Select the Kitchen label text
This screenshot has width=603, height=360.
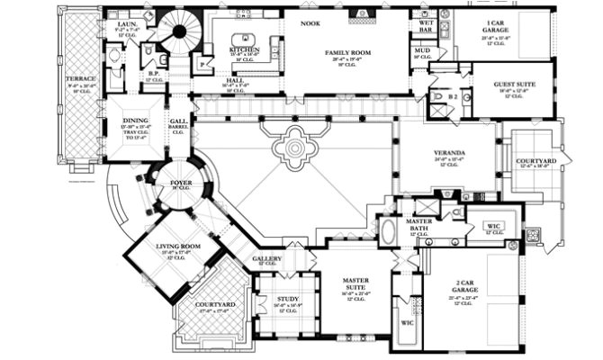[x=244, y=49]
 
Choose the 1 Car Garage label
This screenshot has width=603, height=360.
[x=495, y=24]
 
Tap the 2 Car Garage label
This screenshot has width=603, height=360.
[x=465, y=289]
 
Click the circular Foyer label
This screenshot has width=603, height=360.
[x=181, y=182]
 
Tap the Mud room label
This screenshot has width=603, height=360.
[x=420, y=51]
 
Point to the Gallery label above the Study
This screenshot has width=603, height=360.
[x=266, y=259]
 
